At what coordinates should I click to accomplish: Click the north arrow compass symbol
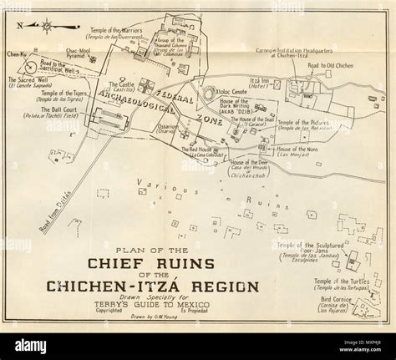point(38,24)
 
